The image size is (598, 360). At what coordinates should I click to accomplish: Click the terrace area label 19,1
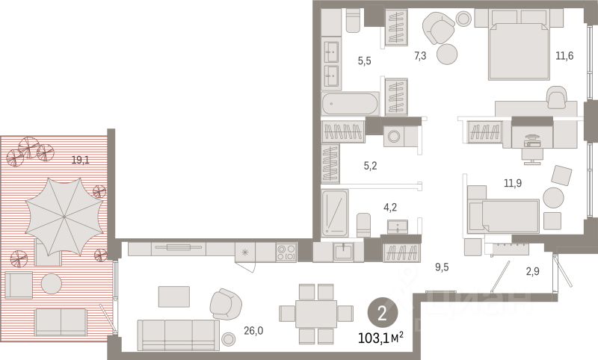[x=81, y=160]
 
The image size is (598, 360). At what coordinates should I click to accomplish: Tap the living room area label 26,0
[x=253, y=331]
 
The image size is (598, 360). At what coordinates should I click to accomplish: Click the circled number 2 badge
[x=382, y=314]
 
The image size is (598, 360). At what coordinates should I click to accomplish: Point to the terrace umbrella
[x=64, y=217]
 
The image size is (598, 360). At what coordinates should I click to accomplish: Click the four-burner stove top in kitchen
[x=286, y=252]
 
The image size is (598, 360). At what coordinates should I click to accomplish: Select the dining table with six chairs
[x=316, y=314]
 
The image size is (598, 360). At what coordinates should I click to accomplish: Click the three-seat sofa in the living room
[x=178, y=335]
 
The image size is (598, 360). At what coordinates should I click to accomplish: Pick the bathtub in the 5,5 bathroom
[x=350, y=104]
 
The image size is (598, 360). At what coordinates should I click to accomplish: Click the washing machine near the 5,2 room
[x=394, y=136]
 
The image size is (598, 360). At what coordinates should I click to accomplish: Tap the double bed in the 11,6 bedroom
[x=519, y=51]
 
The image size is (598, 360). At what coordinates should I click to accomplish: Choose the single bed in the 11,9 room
[x=503, y=216]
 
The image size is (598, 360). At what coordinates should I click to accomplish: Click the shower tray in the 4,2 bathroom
[x=334, y=214]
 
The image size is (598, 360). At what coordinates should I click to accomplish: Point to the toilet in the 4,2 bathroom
[x=363, y=225]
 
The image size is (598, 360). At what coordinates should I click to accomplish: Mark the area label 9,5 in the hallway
[x=442, y=267]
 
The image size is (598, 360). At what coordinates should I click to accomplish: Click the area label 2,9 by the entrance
[x=532, y=271]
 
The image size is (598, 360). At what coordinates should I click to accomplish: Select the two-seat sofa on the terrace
[x=61, y=323]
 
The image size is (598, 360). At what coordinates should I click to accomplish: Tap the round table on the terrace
[x=52, y=284]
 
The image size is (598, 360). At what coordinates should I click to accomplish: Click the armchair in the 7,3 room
[x=438, y=28]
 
